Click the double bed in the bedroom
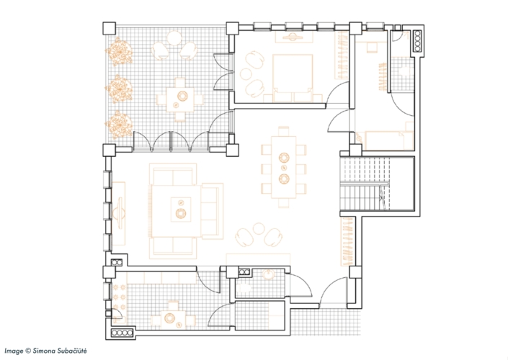(293, 78)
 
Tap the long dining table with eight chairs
(284, 167)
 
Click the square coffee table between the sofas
(181, 209)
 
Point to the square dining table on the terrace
(180, 99)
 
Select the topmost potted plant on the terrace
(119, 51)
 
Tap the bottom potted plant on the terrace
(119, 125)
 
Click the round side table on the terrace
(174, 38)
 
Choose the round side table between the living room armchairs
(259, 228)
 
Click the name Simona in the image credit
(44, 351)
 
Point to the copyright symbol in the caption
(28, 351)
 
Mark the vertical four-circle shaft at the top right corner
(417, 41)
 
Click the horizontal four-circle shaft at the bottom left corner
(122, 333)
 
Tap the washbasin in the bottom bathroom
(269, 274)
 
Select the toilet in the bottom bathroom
(243, 288)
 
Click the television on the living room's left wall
(119, 213)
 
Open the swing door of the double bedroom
(337, 93)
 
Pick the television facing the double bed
(293, 37)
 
